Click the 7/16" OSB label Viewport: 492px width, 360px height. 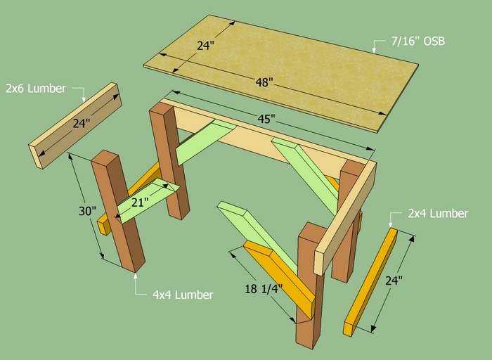418,41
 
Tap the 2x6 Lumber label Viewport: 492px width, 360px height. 36,89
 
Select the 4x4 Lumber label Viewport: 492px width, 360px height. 183,295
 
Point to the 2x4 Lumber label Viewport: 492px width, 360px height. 438,214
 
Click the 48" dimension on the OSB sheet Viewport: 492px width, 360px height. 264,82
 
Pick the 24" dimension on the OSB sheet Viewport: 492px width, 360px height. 205,46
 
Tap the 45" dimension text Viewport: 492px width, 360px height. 266,119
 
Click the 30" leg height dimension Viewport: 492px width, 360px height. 87,211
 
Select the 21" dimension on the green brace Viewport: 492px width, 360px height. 140,202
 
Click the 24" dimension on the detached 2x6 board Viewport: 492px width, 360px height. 82,123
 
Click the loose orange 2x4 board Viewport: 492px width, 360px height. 370,282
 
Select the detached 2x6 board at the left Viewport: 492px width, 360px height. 75,126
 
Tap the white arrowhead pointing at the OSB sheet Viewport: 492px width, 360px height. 374,50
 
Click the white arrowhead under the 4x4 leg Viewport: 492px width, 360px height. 136,276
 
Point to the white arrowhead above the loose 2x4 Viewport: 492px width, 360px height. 390,224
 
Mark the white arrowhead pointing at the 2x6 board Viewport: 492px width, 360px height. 84,99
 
